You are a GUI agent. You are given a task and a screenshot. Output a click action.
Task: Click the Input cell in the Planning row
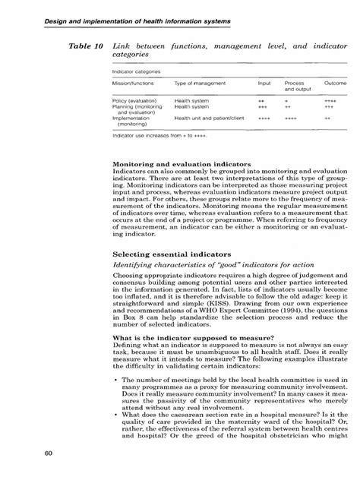263,107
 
